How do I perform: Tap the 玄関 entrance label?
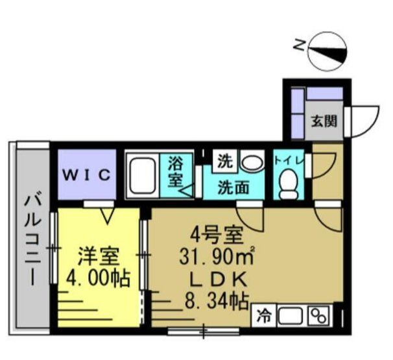click(323, 121)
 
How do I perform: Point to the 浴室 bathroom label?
click(175, 172)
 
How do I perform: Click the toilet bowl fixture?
click(287, 184)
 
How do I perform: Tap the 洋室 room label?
click(99, 256)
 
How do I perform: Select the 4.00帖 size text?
click(99, 280)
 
